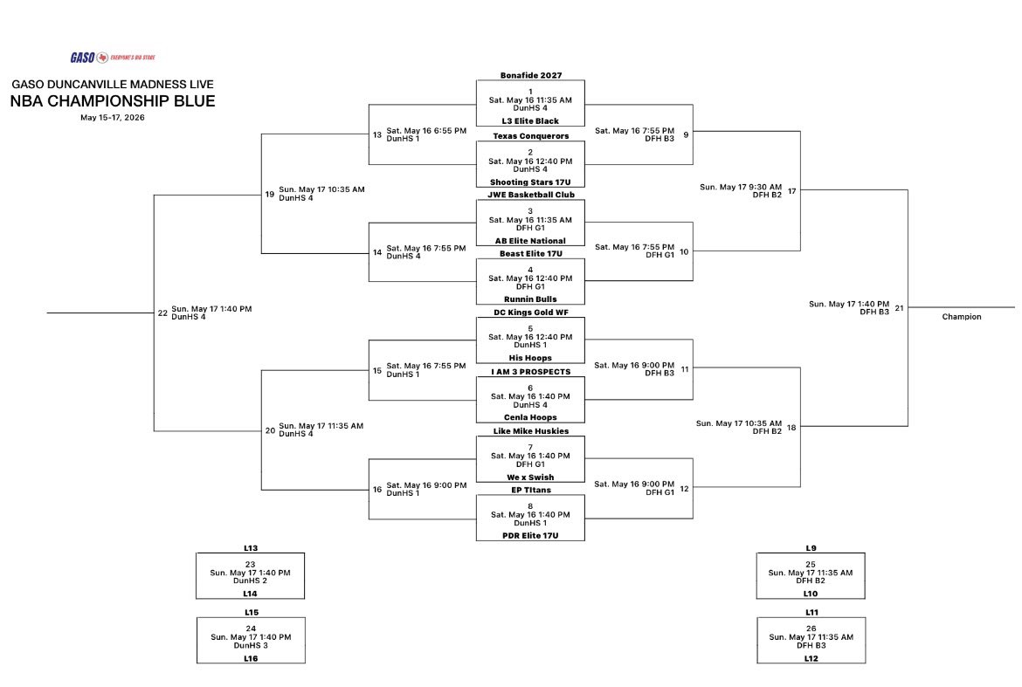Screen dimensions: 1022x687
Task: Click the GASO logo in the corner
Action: point(113,58)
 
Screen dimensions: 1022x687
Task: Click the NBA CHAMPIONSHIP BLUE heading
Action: point(113,101)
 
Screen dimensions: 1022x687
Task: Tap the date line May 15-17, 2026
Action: point(113,118)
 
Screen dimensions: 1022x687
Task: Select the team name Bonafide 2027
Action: point(530,76)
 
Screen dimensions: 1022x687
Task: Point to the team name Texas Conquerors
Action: point(530,136)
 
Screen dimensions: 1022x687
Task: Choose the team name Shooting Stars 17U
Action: point(530,182)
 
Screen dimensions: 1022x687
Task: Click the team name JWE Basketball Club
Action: point(530,195)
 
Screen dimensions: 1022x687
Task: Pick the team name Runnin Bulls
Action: point(530,299)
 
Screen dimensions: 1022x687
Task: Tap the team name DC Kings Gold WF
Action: point(530,313)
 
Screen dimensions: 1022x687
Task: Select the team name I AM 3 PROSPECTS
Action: point(530,372)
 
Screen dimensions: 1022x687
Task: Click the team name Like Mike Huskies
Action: point(530,431)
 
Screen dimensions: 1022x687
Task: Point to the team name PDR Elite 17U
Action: point(530,536)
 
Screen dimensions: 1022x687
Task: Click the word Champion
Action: point(962,317)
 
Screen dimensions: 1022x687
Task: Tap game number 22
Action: point(163,313)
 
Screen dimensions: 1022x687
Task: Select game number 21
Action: point(899,308)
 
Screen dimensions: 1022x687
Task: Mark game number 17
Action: point(792,191)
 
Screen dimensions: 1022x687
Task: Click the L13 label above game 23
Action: point(251,548)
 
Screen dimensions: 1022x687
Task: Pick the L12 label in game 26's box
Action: point(811,658)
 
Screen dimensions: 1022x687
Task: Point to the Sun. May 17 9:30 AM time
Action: point(741,187)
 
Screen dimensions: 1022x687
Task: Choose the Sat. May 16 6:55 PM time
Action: point(426,131)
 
